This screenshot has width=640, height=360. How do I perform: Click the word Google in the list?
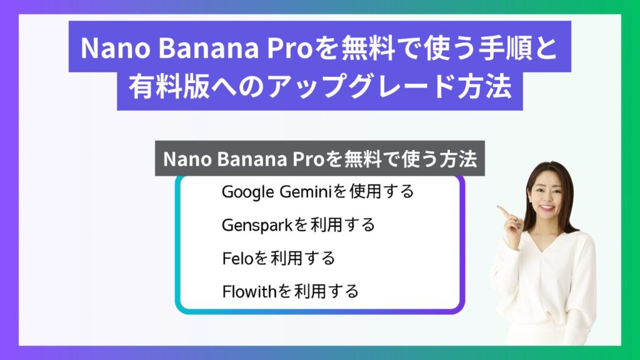tap(247, 192)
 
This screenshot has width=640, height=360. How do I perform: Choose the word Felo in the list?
tap(238, 258)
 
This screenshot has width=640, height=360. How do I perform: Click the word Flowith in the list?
tap(250, 291)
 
